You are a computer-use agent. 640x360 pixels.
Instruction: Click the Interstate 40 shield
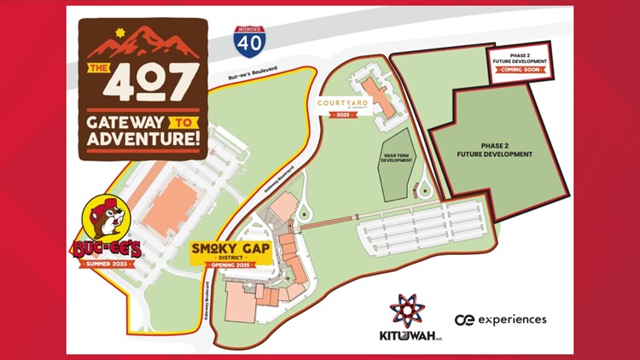pyautogui.click(x=249, y=42)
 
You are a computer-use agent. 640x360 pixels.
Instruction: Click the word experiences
pyautogui.click(x=511, y=319)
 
